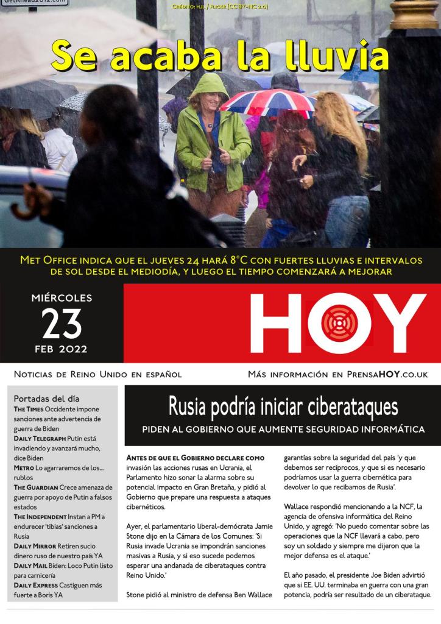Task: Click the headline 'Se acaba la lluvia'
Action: click(219, 57)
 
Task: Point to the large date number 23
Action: click(62, 324)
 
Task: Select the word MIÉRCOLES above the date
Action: click(62, 299)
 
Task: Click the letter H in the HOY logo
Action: click(275, 323)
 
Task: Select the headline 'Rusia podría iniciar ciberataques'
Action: click(283, 406)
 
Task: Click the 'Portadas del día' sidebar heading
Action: click(46, 399)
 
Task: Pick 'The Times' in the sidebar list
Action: click(29, 409)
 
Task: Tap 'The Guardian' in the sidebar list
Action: click(36, 487)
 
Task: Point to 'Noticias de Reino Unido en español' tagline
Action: click(97, 374)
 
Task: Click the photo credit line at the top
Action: click(220, 7)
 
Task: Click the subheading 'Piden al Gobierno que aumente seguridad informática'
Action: click(283, 430)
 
